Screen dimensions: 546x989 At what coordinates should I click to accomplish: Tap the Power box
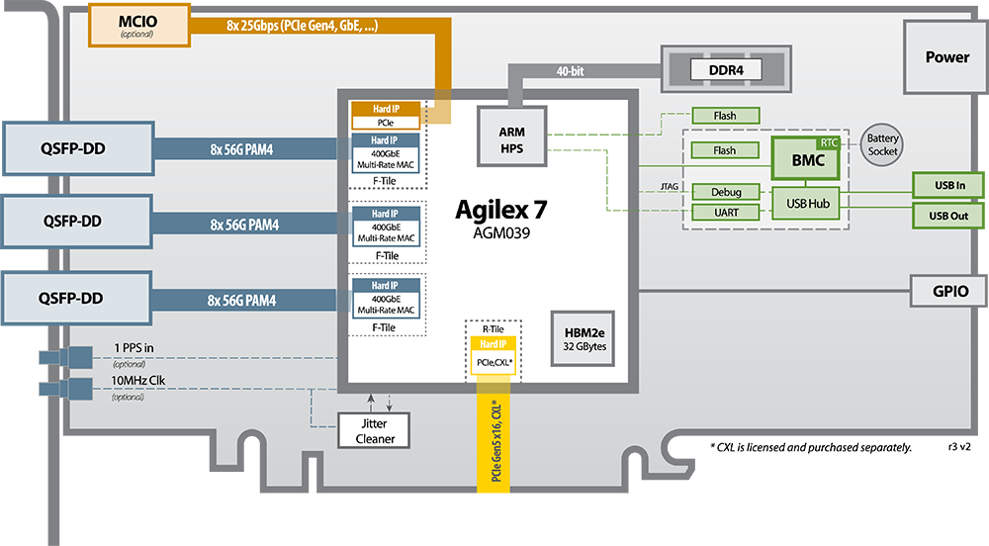tap(946, 57)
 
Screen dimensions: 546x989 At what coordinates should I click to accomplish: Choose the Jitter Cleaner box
tap(374, 429)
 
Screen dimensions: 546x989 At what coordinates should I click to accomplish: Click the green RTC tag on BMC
tap(828, 143)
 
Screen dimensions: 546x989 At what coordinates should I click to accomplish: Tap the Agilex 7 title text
tap(500, 210)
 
